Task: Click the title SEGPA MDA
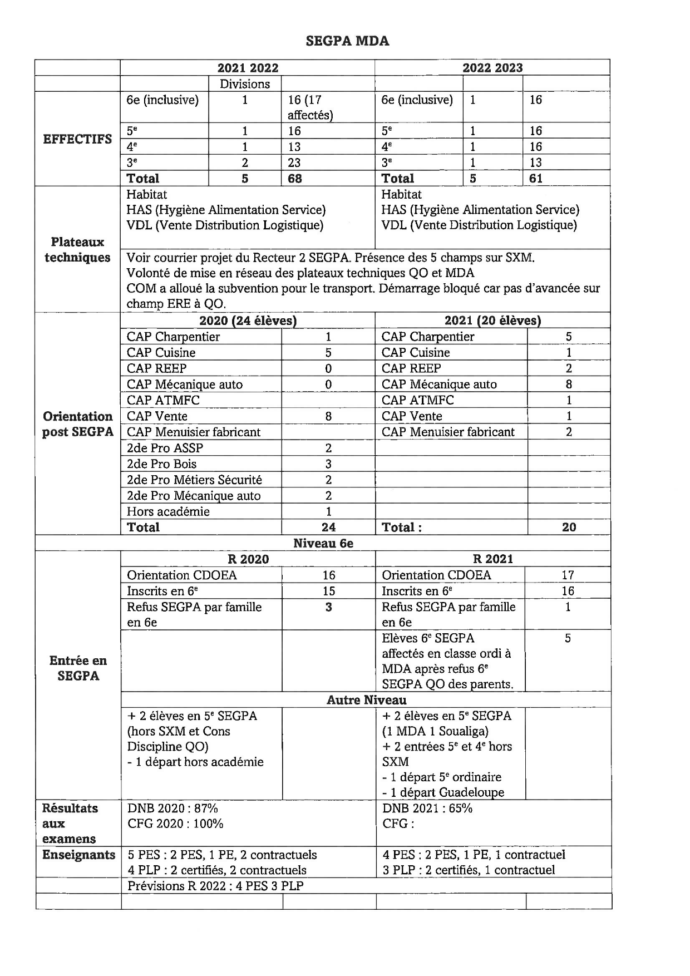347,41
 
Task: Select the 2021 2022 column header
248,68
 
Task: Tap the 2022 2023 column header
492,68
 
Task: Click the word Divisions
245,84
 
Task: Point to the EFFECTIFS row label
77,139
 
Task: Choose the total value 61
536,179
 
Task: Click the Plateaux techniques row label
77,250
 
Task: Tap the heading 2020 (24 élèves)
248,321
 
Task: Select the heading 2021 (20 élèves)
492,321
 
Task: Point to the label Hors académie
168,512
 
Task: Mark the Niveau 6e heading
323,544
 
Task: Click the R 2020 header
248,559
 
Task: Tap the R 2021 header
493,559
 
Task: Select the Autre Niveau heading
366,700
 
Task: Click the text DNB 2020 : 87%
172,809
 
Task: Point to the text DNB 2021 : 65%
427,809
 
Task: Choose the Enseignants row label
78,855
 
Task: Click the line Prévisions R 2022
215,886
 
